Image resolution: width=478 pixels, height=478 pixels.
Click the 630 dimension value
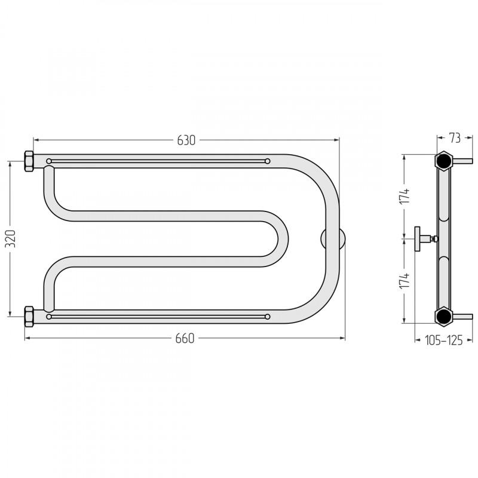pyautogui.click(x=186, y=140)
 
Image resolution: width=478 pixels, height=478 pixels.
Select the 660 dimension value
pyautogui.click(x=185, y=338)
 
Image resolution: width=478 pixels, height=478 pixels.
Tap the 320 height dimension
pyautogui.click(x=11, y=238)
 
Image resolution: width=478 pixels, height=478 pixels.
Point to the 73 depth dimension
pyautogui.click(x=455, y=138)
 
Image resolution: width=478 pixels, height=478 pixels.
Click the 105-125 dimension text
pyautogui.click(x=443, y=340)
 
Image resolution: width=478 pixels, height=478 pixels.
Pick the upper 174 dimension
pyautogui.click(x=405, y=197)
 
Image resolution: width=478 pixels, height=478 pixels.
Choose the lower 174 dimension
pyautogui.click(x=405, y=281)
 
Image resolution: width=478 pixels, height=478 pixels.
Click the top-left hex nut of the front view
pyautogui.click(x=29, y=161)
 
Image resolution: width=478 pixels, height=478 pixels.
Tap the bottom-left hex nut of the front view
pyautogui.click(x=29, y=317)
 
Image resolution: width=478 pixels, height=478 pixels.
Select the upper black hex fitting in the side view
pyautogui.click(x=443, y=160)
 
